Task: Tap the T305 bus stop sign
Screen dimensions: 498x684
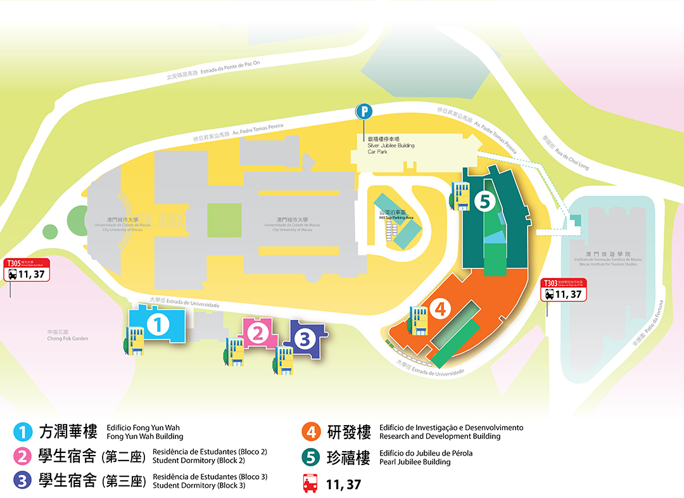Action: [x=27, y=270]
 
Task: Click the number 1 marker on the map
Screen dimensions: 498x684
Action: [x=158, y=324]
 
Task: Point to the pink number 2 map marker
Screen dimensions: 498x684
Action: [x=257, y=333]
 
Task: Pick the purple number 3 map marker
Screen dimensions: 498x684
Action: [x=305, y=339]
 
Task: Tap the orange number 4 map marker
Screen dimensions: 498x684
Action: [x=440, y=309]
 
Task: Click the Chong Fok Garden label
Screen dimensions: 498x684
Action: [x=68, y=335]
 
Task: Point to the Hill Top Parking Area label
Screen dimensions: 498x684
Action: [x=396, y=214]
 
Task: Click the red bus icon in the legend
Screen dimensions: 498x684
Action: [x=310, y=483]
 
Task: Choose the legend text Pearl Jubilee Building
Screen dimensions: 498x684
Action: [x=410, y=462]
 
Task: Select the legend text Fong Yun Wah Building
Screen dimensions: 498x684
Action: [x=145, y=436]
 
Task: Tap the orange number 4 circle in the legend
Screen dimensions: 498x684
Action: [x=310, y=432]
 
